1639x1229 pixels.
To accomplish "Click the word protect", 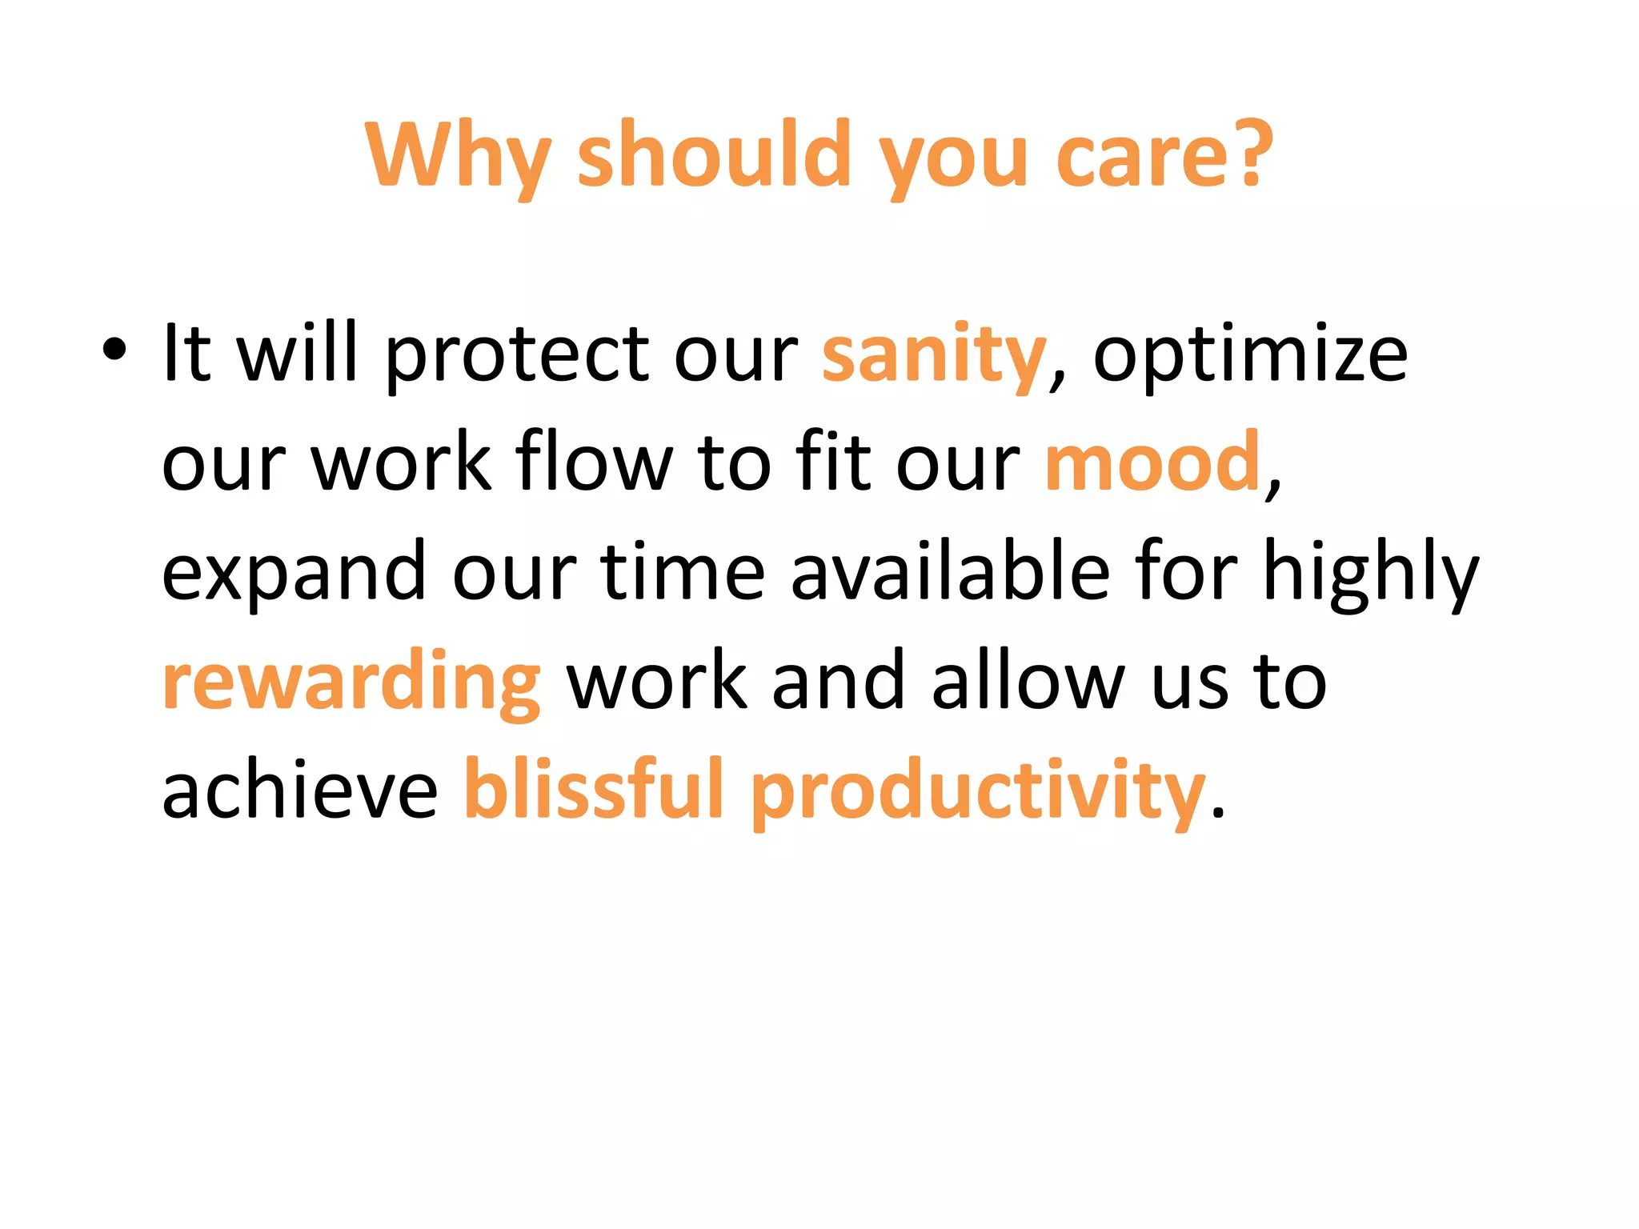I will tap(517, 355).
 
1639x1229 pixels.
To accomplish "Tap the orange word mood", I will tap(1153, 463).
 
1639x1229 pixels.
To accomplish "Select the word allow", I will tap(1028, 681).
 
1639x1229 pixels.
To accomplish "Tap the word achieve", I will tap(300, 791).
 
